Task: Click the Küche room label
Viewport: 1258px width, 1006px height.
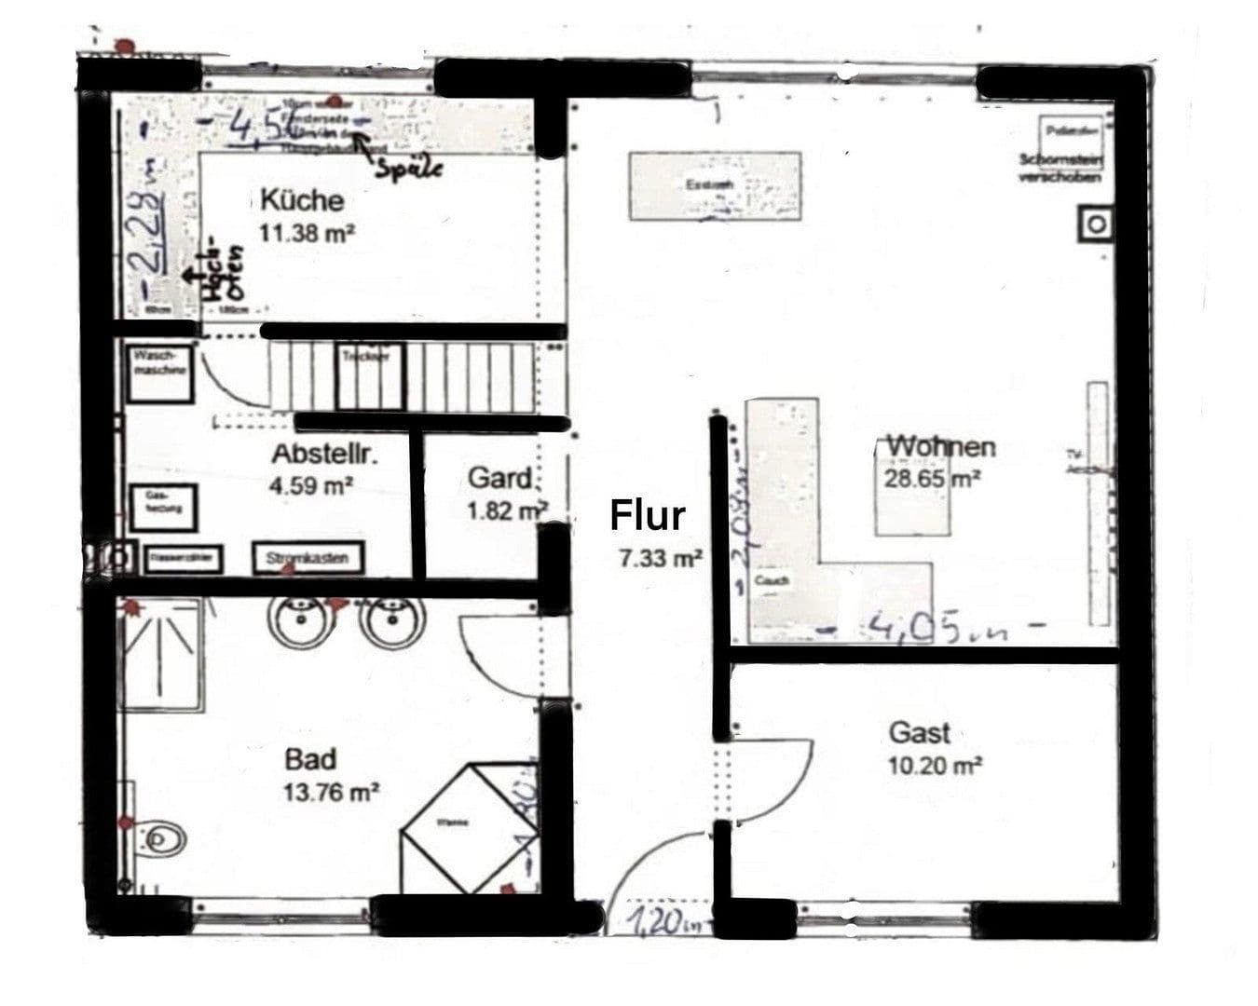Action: [x=301, y=199]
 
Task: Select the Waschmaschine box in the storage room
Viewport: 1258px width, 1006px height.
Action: [x=160, y=374]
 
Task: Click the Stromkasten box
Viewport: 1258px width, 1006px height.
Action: [x=308, y=558]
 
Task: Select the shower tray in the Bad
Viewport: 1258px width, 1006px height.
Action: [x=161, y=656]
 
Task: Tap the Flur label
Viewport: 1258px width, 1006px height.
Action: [x=647, y=515]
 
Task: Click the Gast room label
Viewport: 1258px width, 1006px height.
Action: [x=919, y=732]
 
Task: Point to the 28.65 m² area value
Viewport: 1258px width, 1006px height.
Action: [x=931, y=479]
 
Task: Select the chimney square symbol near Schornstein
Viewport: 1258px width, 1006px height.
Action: [x=1097, y=224]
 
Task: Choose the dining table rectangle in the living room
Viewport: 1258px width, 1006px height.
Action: [x=715, y=186]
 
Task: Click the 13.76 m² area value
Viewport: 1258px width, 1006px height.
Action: [x=331, y=793]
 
